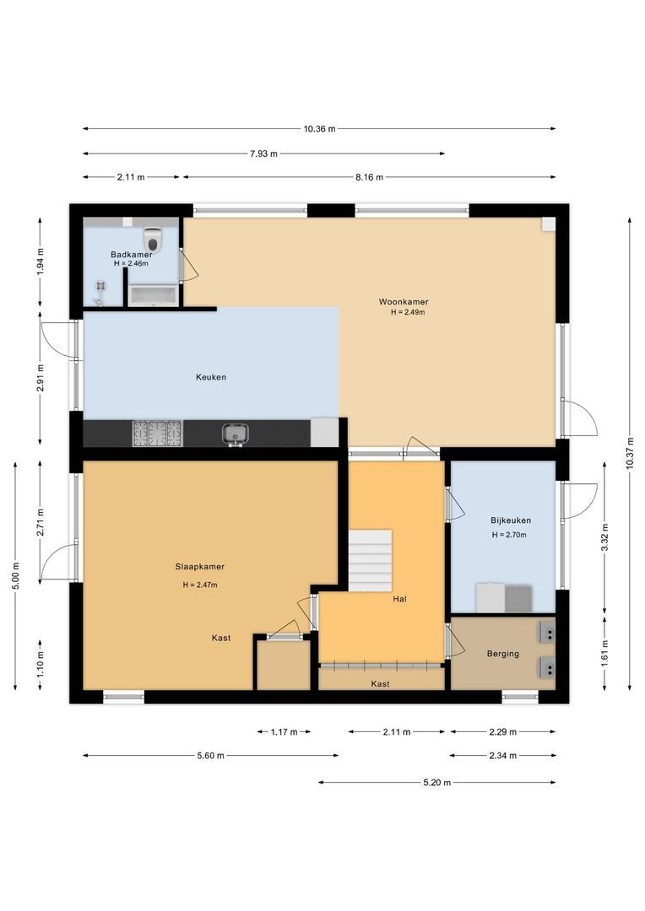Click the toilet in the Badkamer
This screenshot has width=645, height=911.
(x=153, y=237)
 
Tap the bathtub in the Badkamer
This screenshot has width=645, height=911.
(x=153, y=294)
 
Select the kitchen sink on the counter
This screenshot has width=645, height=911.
(x=235, y=434)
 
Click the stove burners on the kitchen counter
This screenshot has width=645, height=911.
(x=157, y=434)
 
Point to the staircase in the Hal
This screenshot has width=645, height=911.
(x=370, y=561)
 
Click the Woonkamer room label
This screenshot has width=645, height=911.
(x=404, y=301)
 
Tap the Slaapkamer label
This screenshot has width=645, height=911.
(x=199, y=567)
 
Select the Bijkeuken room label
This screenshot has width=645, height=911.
(x=511, y=520)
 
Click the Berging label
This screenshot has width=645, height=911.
(x=502, y=654)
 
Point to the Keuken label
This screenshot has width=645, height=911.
(x=210, y=377)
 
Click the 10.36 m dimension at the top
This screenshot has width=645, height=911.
(x=319, y=129)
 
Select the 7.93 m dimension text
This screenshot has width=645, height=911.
(x=263, y=154)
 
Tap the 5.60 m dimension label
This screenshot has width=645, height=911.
(x=210, y=756)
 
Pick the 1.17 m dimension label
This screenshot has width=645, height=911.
(x=284, y=732)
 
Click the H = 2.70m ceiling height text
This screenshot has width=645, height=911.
(x=509, y=535)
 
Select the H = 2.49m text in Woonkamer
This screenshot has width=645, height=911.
(x=408, y=313)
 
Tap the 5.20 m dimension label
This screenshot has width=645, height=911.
(x=436, y=783)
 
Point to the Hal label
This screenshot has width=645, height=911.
(x=399, y=599)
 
